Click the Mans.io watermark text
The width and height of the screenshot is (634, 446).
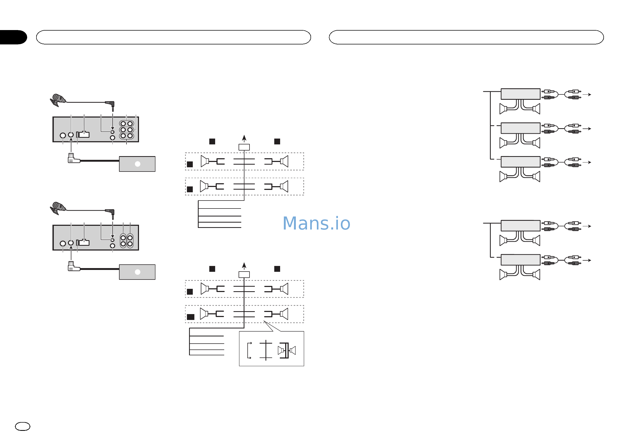316,223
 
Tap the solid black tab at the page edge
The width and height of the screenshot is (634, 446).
13,37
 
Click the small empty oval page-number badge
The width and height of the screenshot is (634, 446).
22,426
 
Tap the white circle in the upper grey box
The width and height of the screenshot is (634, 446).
137,164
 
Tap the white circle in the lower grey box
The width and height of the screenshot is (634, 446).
137,272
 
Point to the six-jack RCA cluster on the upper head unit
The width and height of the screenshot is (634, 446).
126,130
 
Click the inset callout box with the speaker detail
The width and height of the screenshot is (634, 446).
271,349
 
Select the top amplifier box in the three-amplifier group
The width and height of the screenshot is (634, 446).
521,94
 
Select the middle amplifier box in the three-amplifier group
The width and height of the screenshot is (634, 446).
521,128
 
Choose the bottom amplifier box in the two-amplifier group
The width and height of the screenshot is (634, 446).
521,260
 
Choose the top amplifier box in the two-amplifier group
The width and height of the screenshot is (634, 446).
521,226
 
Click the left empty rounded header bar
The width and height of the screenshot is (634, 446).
173,37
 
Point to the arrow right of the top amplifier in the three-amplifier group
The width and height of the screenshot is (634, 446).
587,95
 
